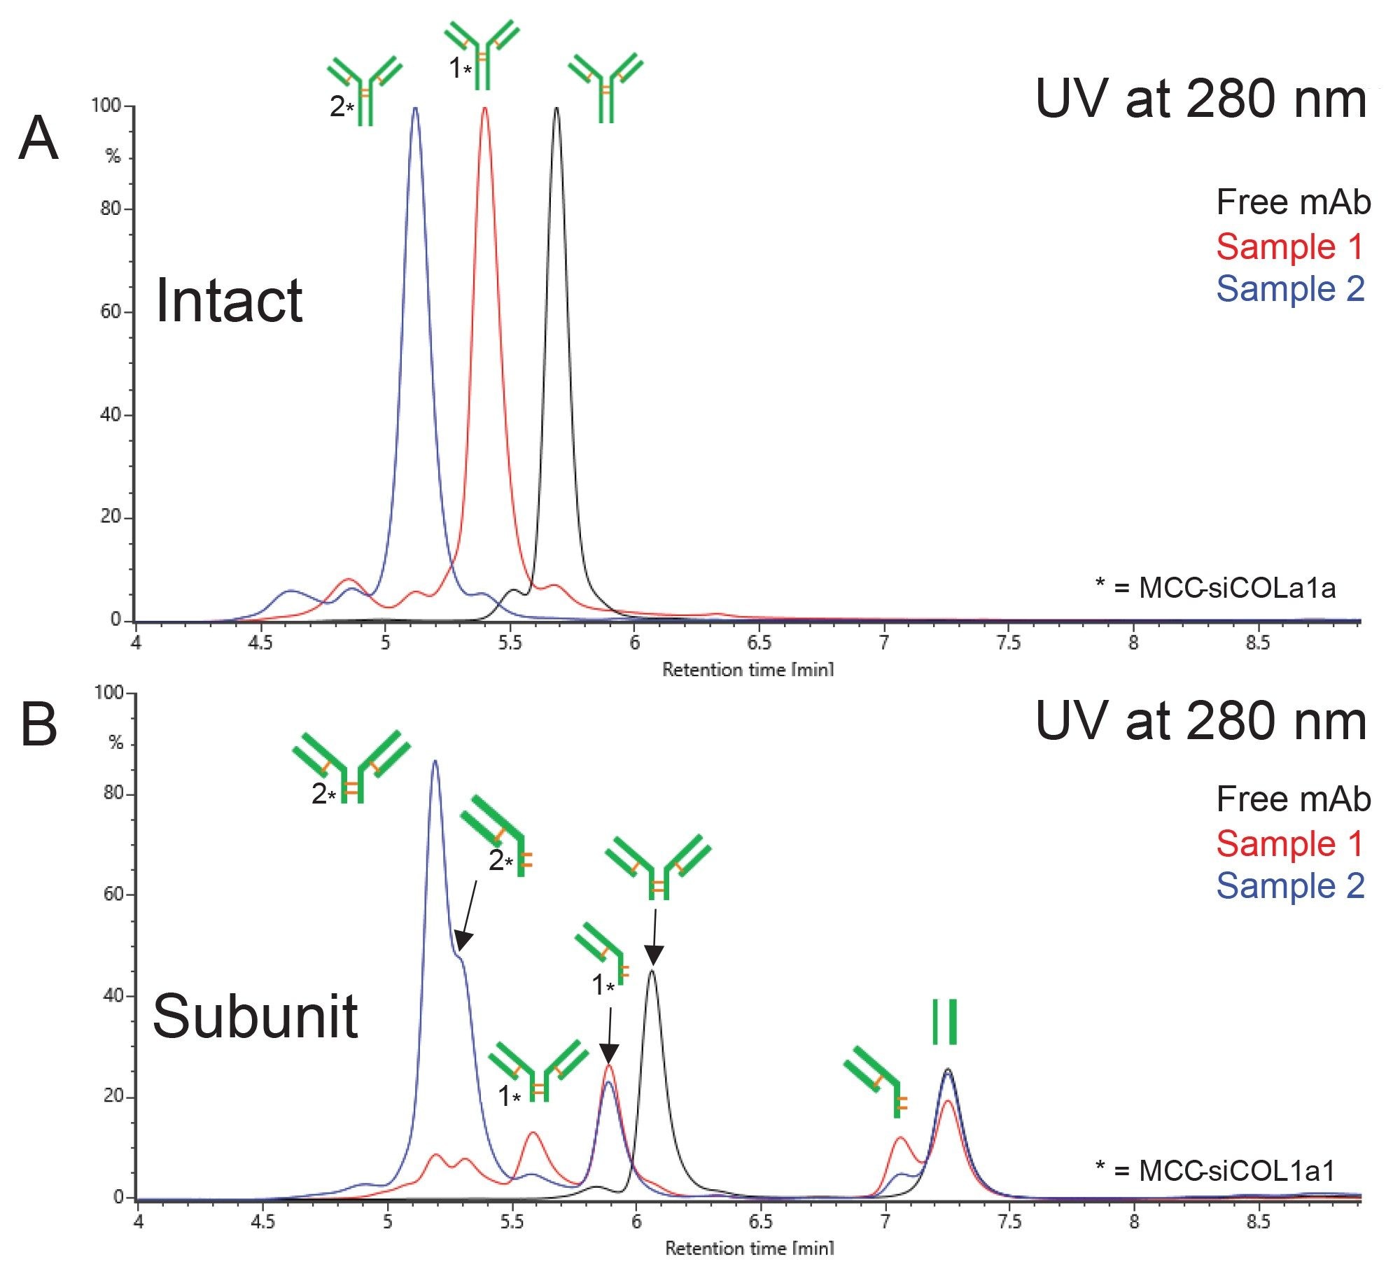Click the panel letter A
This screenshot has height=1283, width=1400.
click(38, 139)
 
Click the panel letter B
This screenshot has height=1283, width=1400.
click(38, 724)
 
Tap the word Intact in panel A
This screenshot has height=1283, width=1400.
click(229, 301)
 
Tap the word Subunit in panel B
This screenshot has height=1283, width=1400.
click(255, 1016)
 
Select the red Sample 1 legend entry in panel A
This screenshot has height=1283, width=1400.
click(1289, 246)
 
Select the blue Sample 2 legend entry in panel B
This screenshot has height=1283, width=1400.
click(1290, 885)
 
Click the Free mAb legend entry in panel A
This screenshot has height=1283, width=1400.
click(1293, 202)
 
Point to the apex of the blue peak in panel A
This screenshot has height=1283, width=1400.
click(415, 108)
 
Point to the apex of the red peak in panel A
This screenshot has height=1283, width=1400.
click(484, 108)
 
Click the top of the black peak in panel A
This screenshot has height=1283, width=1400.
click(556, 108)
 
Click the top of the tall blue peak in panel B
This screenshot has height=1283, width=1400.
click(435, 762)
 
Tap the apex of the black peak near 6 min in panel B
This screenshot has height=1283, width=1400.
click(652, 970)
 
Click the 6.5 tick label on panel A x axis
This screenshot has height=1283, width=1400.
click(759, 643)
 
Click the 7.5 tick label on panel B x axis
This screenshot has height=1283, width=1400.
click(1009, 1221)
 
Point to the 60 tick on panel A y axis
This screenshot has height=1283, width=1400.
click(112, 311)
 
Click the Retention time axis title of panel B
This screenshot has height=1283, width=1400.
click(749, 1247)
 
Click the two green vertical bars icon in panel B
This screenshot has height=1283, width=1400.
click(944, 1022)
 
